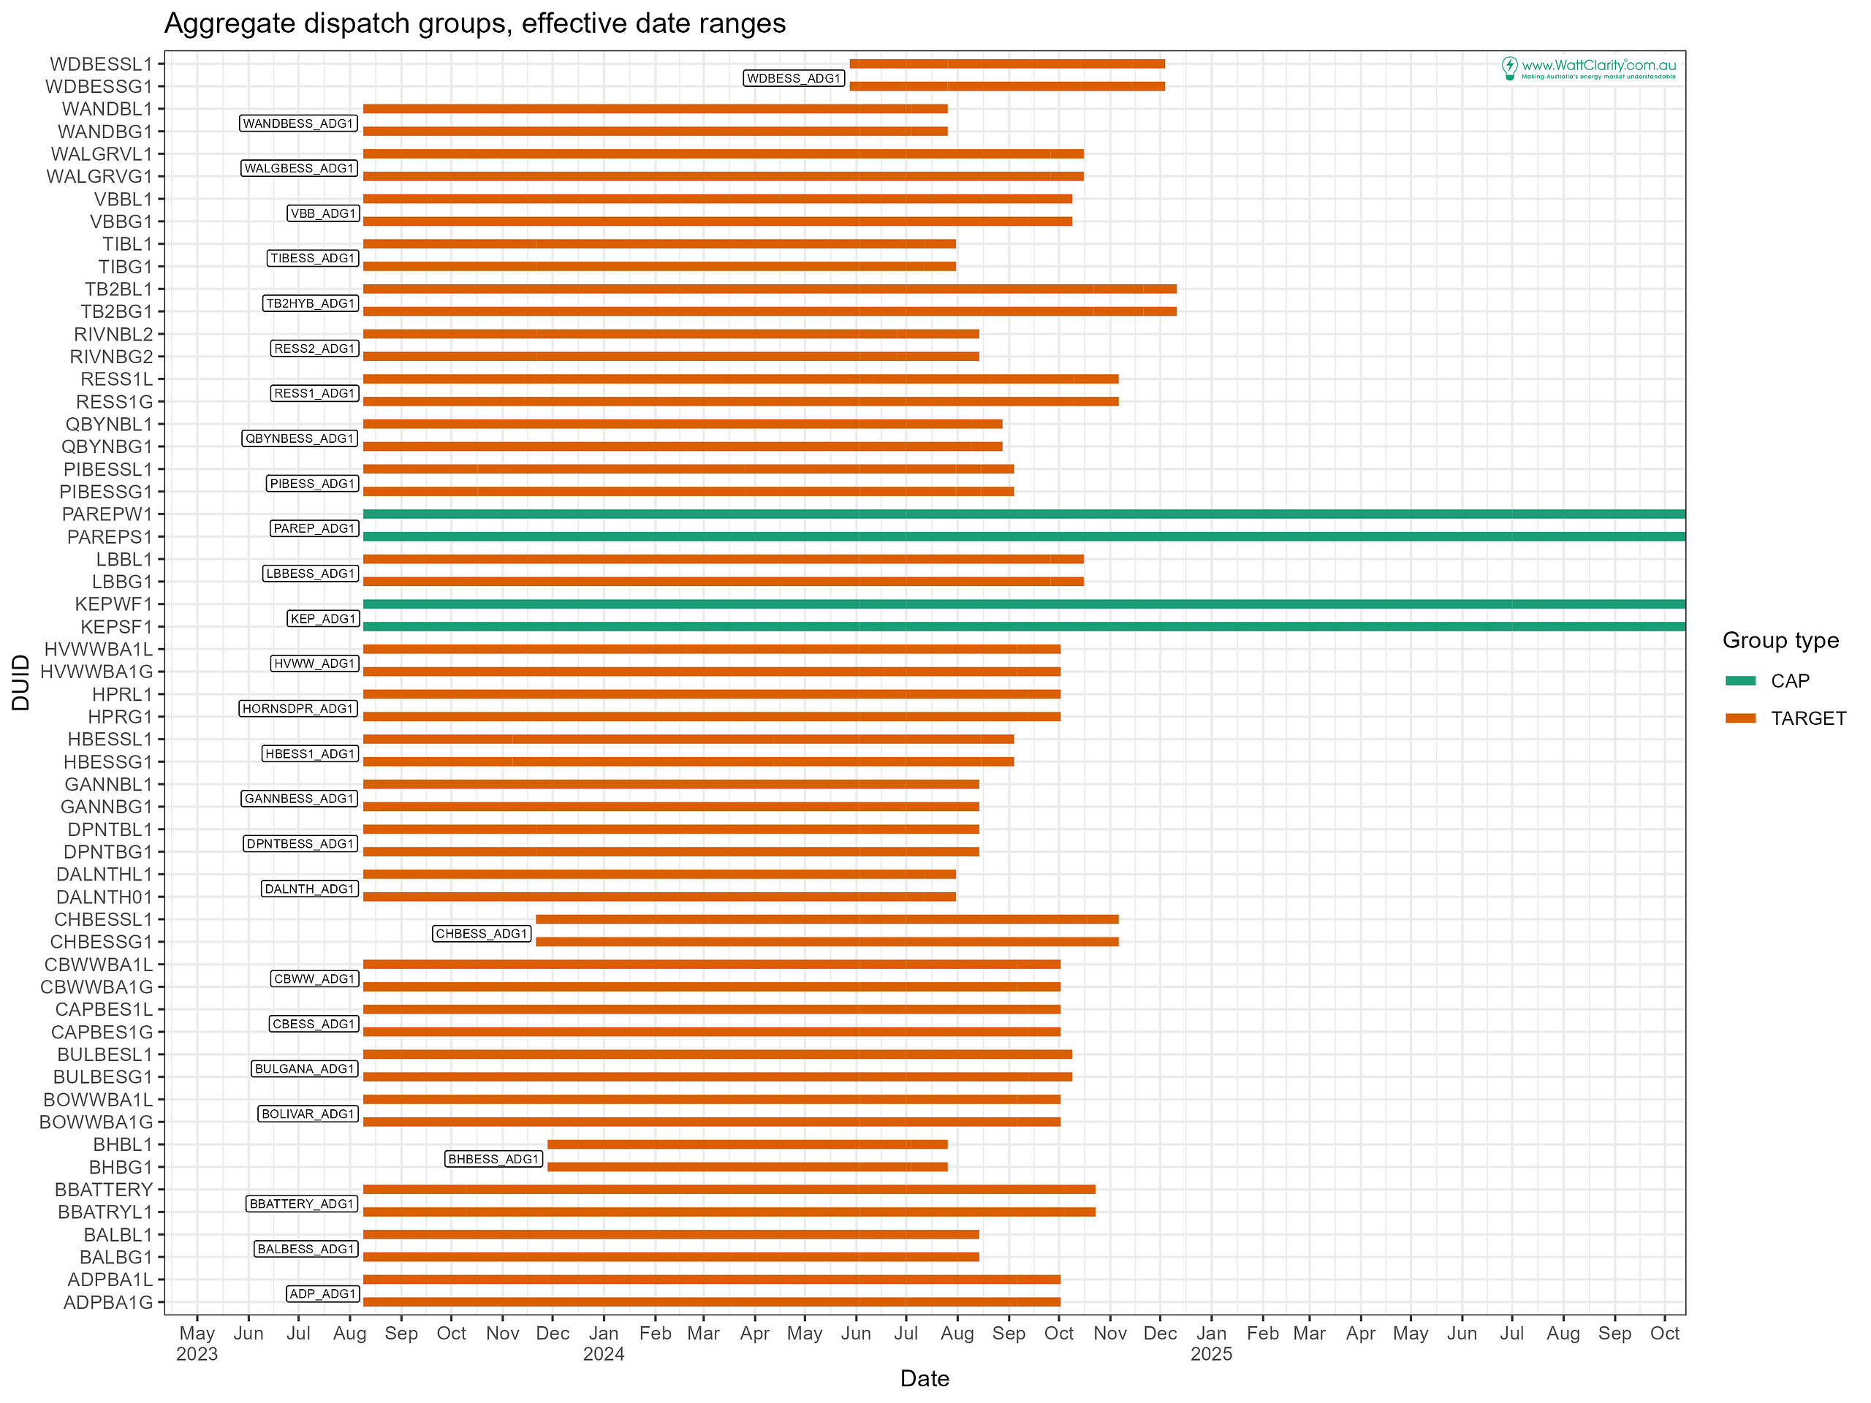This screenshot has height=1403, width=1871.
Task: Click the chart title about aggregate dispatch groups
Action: tap(474, 23)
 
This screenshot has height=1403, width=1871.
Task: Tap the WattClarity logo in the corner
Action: tap(1587, 68)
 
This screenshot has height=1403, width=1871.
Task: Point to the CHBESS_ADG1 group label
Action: tap(482, 934)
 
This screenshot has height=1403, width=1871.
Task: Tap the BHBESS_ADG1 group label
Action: tap(493, 1159)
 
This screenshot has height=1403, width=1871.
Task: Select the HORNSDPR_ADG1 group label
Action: tap(297, 709)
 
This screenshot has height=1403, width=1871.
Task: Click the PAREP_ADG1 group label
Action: tap(314, 528)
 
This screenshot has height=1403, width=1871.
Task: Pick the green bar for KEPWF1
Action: tap(1023, 604)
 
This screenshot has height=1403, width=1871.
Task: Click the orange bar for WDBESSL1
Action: tap(1006, 64)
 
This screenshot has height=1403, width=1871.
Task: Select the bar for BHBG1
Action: tap(747, 1167)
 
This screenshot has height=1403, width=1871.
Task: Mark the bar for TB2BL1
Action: tap(770, 289)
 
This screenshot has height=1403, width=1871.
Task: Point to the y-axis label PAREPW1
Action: tap(107, 514)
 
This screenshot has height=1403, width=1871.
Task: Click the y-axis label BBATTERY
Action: tap(104, 1190)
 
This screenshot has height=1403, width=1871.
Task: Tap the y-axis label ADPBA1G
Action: tap(108, 1302)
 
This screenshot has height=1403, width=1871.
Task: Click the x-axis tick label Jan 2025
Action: tap(1210, 1343)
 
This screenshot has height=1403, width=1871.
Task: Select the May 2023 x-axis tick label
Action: tap(197, 1343)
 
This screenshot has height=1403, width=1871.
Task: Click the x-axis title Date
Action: tap(924, 1380)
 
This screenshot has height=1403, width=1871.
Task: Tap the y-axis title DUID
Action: tap(21, 683)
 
